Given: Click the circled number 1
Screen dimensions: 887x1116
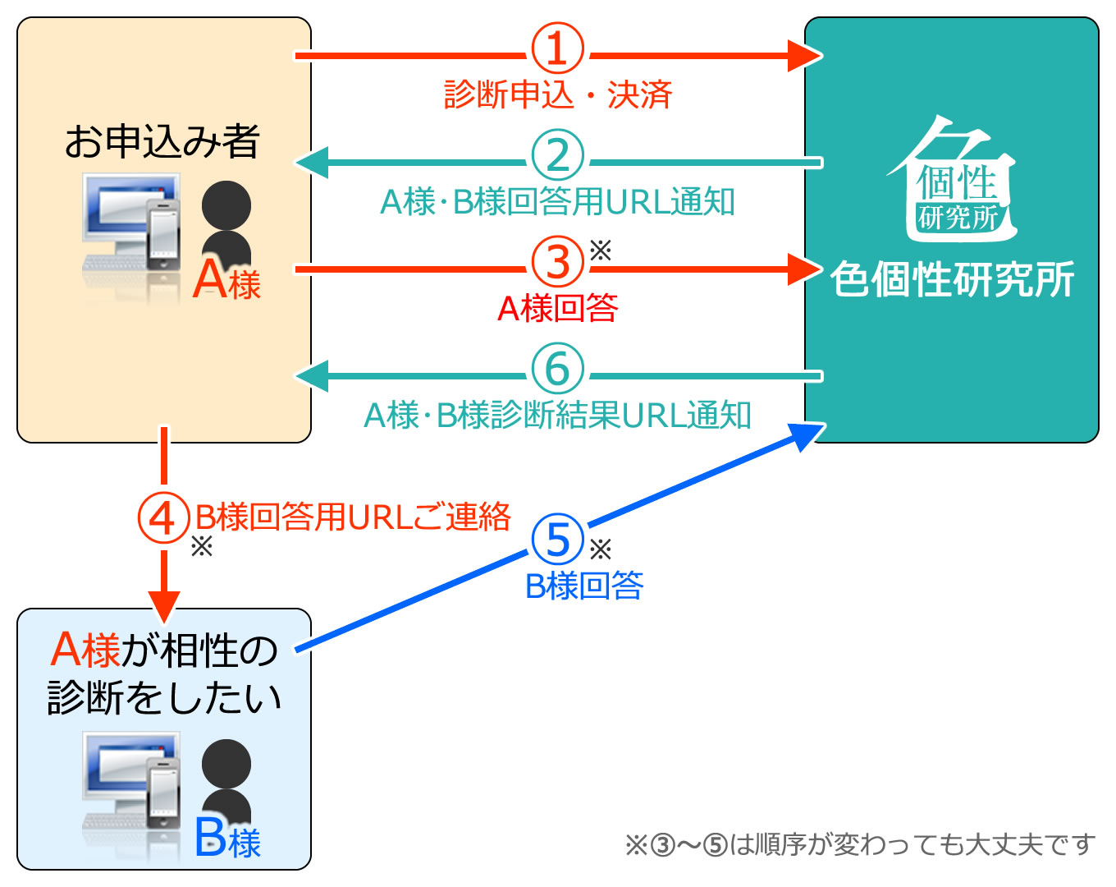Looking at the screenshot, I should pos(557,48).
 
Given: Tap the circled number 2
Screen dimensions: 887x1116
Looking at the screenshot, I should pos(557,155).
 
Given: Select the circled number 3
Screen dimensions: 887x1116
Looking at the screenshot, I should pos(557,262).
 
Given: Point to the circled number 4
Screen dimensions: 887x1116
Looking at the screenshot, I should pos(162,517).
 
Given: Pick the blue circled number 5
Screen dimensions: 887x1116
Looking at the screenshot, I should pos(557,540).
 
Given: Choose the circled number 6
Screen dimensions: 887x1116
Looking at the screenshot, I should pos(557,369).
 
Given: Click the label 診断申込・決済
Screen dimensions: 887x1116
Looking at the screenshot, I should pos(557,94).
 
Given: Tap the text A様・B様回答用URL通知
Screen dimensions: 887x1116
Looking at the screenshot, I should pos(557,202).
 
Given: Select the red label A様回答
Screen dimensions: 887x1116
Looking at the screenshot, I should pos(557,309).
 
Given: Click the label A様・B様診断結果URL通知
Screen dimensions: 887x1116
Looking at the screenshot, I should pos(557,416).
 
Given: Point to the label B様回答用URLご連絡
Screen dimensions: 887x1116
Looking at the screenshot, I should pos(353,517).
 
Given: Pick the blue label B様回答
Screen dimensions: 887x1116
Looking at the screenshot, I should pos(583,586).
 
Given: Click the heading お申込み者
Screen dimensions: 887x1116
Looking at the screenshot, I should pos(162,141).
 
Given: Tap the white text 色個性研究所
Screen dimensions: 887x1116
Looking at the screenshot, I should pos(952,279).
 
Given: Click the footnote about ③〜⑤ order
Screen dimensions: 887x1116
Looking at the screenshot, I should pos(860,844).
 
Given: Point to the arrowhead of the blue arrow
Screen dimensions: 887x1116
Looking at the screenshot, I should pos(808,433).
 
